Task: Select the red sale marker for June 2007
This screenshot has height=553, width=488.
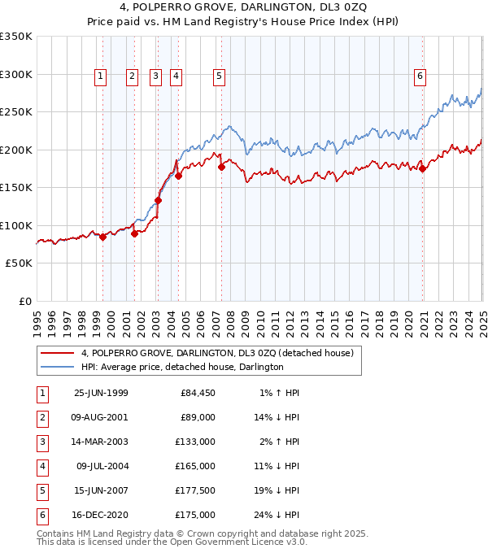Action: point(221,168)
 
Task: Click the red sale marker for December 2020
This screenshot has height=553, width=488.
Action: point(423,169)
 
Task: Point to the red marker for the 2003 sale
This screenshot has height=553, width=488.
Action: point(158,200)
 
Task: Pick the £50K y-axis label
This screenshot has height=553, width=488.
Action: point(19,263)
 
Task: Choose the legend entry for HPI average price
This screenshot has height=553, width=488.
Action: point(182,368)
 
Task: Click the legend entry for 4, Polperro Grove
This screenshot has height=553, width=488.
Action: point(216,354)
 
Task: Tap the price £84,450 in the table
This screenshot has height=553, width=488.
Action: point(197,394)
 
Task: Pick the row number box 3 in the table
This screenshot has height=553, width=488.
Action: point(41,442)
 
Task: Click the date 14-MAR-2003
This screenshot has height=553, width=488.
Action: point(101,442)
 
